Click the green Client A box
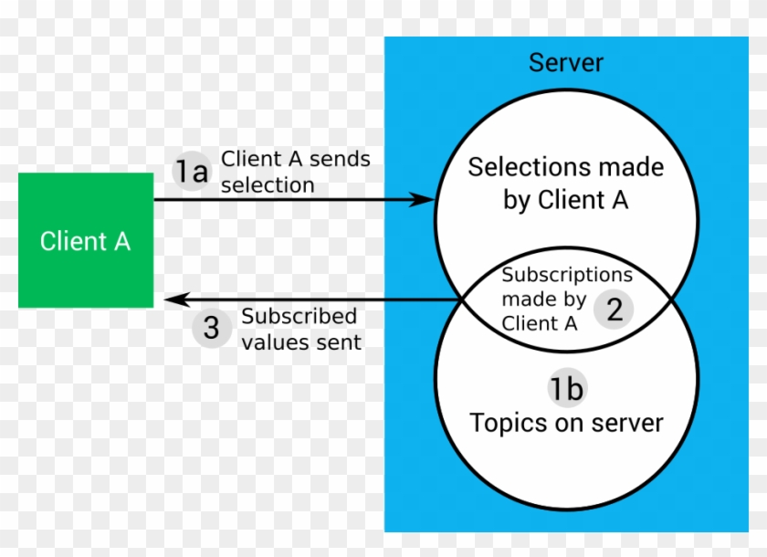pyautogui.click(x=86, y=240)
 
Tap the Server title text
pyautogui.click(x=566, y=63)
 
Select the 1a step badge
pyautogui.click(x=192, y=172)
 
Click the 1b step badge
pyautogui.click(x=565, y=389)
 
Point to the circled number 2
pyautogui.click(x=615, y=310)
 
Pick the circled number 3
pyautogui.click(x=211, y=329)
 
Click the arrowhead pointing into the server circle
pyautogui.click(x=422, y=199)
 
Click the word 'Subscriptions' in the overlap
pyautogui.click(x=566, y=274)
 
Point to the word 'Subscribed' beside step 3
pyautogui.click(x=299, y=317)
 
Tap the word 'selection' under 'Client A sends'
pyautogui.click(x=268, y=185)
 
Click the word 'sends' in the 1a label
pyautogui.click(x=340, y=159)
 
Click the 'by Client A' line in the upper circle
pyautogui.click(x=565, y=201)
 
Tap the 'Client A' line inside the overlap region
pyautogui.click(x=539, y=323)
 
